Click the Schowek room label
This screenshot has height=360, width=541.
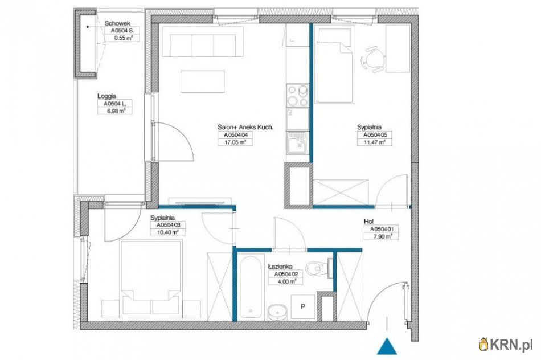pos(117,23)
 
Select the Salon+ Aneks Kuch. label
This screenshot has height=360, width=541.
pos(245,128)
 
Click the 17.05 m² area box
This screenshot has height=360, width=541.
pos(235,142)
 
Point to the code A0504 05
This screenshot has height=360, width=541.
pos(374,136)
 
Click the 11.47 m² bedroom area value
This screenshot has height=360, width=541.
pos(374,142)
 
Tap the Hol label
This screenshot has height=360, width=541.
pos(369,222)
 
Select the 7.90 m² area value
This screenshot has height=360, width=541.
pos(382,236)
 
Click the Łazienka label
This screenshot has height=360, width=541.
pos(281,267)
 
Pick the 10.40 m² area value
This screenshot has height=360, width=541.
pos(167,232)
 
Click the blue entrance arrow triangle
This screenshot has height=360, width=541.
pos(387,346)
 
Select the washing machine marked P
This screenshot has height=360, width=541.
pos(303,306)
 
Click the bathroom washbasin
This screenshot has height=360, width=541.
pos(277,312)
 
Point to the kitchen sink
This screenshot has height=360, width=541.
pos(297,142)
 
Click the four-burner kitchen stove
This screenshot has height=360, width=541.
pos(297,96)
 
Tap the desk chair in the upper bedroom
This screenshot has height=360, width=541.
pos(374,59)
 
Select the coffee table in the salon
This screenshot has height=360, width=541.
pos(203,81)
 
